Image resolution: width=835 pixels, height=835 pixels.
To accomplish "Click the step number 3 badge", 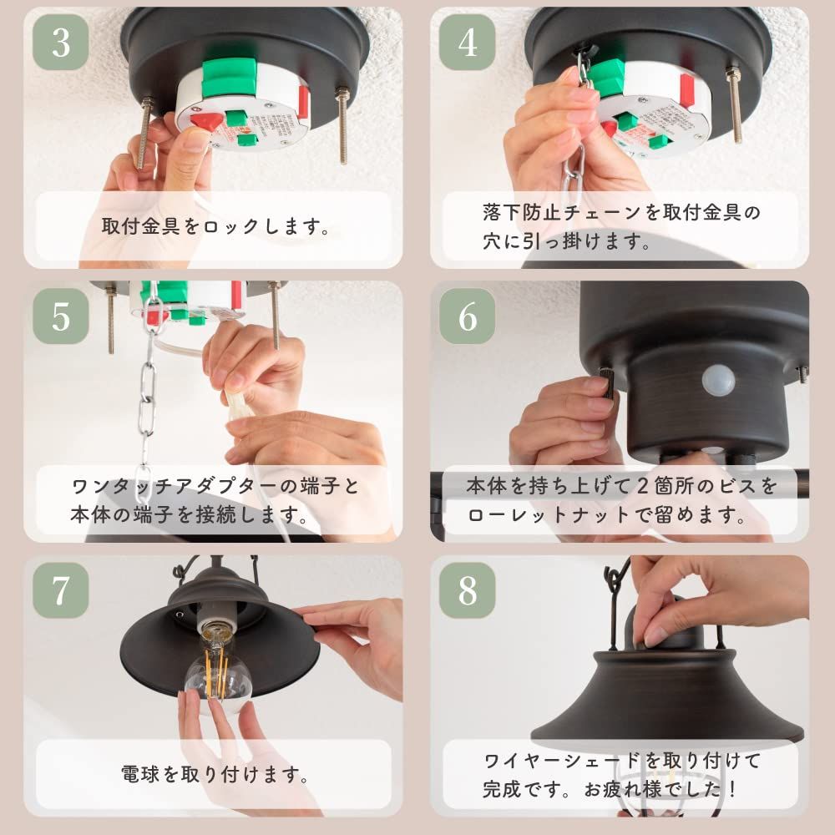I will tap(61, 43).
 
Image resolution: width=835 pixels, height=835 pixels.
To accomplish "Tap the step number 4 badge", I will tap(468, 43).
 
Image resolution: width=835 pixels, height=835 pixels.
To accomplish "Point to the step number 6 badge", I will tap(468, 316).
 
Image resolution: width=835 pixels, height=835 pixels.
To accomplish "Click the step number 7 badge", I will tap(61, 590).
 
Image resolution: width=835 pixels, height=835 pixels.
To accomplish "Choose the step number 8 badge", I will tap(468, 590).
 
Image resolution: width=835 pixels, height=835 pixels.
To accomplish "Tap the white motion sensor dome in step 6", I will tap(719, 381).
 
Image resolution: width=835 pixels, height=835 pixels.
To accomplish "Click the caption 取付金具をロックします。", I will tap(215, 226).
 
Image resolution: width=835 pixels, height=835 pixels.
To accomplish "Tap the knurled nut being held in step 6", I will tap(608, 385).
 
